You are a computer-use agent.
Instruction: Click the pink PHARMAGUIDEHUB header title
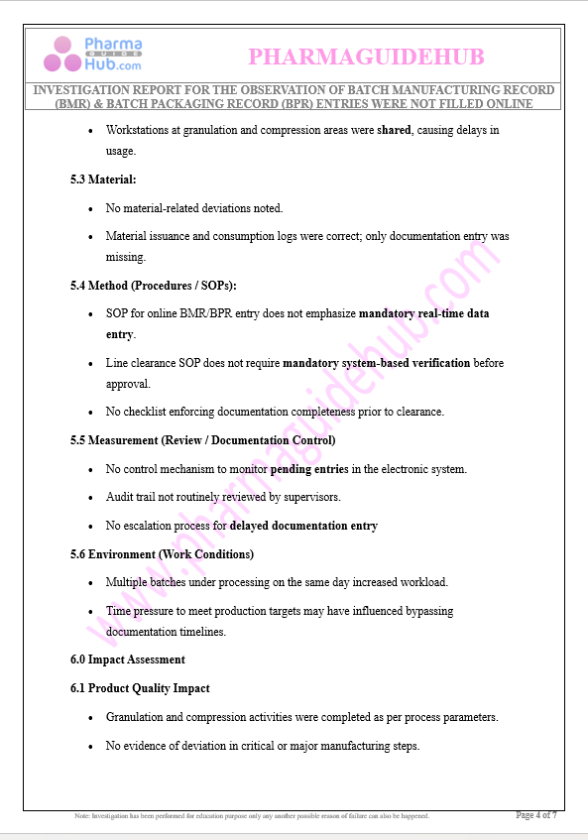click(x=366, y=58)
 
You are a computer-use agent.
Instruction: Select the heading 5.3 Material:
click(x=103, y=180)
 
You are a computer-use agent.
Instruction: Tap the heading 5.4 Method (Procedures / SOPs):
click(x=153, y=286)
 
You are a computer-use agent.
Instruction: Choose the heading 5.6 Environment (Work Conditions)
click(x=162, y=554)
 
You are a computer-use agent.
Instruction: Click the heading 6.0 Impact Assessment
click(x=127, y=660)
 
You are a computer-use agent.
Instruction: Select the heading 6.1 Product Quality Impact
click(x=140, y=688)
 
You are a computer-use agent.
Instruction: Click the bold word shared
click(x=395, y=130)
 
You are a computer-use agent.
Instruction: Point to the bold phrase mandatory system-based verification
click(x=376, y=363)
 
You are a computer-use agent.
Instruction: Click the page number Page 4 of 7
click(x=536, y=815)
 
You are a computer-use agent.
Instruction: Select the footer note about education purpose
click(x=253, y=816)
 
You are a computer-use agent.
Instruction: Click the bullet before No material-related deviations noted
click(x=91, y=208)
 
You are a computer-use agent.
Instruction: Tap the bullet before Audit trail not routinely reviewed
click(x=91, y=497)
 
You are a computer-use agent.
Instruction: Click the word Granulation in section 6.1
click(x=135, y=717)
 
